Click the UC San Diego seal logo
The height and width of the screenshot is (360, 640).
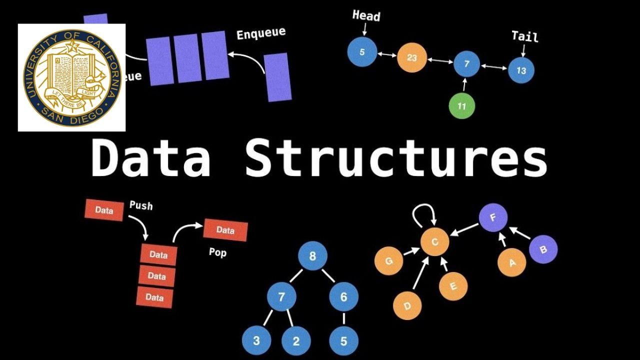click(x=71, y=77)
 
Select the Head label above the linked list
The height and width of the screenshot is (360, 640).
click(x=366, y=16)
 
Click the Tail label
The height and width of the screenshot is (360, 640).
click(x=524, y=36)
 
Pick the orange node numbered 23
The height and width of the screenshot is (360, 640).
click(x=411, y=58)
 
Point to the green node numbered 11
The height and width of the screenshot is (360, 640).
click(x=461, y=106)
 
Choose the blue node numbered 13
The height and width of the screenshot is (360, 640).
click(x=521, y=70)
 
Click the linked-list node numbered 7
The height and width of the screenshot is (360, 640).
click(x=467, y=64)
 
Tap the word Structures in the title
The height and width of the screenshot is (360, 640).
click(x=396, y=156)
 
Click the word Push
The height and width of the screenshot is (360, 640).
click(x=141, y=205)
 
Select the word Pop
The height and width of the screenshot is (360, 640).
click(x=217, y=252)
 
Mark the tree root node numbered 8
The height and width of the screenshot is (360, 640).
click(x=312, y=256)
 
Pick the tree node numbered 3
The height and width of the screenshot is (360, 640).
click(x=256, y=341)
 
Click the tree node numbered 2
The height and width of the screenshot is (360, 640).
click(x=296, y=341)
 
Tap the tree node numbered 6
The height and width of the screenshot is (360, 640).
click(x=343, y=297)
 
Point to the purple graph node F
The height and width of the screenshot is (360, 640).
click(x=493, y=218)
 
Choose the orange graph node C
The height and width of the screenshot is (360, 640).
click(x=434, y=242)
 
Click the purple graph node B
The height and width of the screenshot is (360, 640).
click(x=543, y=249)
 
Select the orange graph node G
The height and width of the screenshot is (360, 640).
click(x=389, y=260)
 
